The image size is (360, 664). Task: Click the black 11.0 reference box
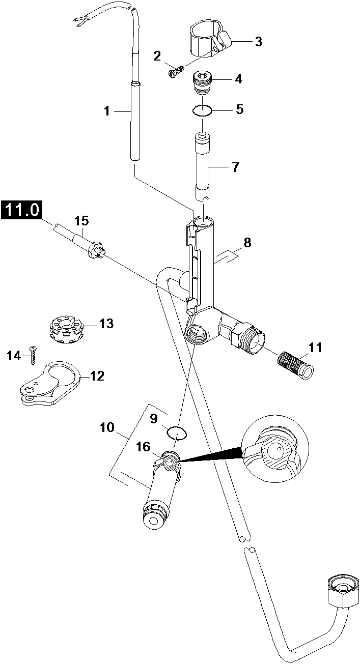point(22,210)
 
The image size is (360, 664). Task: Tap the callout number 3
point(258,42)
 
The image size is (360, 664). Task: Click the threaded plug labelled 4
point(202,82)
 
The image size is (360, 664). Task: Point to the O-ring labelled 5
point(202,111)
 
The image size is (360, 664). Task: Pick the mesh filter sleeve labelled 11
point(295,363)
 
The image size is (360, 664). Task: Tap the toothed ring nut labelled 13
point(66,330)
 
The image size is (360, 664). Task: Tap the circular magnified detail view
point(275,449)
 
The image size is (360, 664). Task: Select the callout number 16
point(144,446)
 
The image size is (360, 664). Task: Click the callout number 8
point(247,243)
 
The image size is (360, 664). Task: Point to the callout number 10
point(107,427)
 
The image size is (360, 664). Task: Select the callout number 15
point(81,220)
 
